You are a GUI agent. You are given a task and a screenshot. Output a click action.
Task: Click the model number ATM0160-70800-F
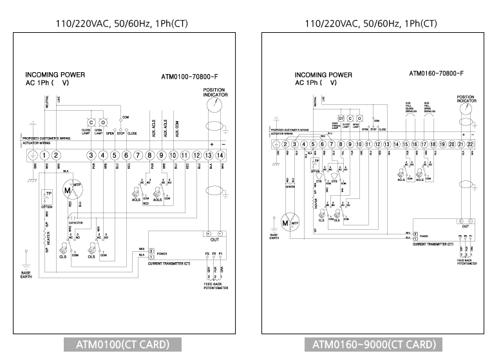click(x=437, y=73)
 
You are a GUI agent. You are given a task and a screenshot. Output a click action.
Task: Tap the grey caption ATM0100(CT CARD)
click(x=127, y=345)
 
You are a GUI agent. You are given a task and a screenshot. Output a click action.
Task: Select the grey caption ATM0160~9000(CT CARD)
click(x=374, y=345)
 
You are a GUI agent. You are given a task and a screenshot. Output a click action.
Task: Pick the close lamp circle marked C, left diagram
click(x=91, y=122)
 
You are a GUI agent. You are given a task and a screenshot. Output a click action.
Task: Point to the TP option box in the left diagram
click(x=47, y=196)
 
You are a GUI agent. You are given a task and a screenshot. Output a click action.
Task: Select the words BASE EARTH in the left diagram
click(x=26, y=275)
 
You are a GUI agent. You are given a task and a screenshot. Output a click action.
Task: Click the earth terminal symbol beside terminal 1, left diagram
click(x=32, y=155)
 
